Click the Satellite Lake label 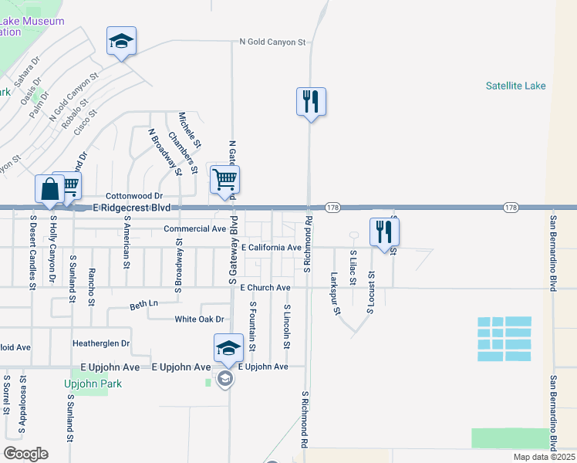pos(515,86)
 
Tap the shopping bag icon pos(49,190)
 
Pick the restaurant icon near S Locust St pos(383,231)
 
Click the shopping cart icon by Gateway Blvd pos(224,181)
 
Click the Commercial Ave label pos(195,229)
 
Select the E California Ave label pos(271,248)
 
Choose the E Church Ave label pos(265,288)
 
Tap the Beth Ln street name pos(143,306)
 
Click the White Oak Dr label pos(199,319)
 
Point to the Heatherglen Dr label pos(101,343)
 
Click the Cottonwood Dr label pos(134,197)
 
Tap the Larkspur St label pos(336,294)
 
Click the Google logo pos(25,454)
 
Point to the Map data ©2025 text pos(543,457)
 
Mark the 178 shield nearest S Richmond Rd pos(332,208)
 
